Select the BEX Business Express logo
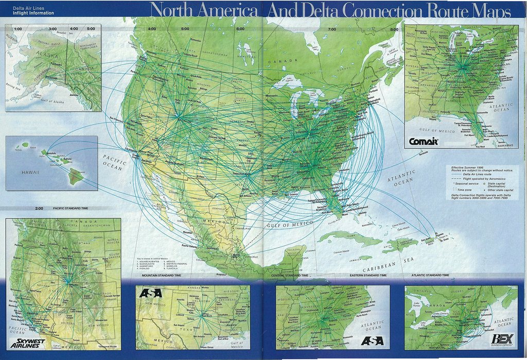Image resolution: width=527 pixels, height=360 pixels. pyautogui.click(x=503, y=340)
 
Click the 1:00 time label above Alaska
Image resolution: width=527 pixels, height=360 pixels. pyautogui.click(x=17, y=29)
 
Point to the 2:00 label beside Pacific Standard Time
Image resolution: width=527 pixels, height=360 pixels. pyautogui.click(x=39, y=209)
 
